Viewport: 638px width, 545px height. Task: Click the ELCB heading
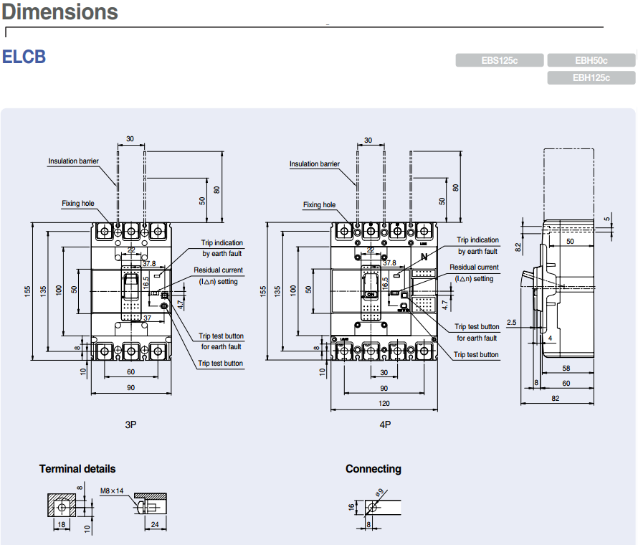(x=24, y=57)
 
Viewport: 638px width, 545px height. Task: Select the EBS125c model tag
(x=500, y=61)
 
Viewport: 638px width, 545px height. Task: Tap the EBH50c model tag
(x=591, y=61)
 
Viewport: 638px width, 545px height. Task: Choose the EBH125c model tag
(x=591, y=78)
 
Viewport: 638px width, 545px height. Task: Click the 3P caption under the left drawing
(x=130, y=425)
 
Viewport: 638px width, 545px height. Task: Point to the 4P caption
(x=385, y=425)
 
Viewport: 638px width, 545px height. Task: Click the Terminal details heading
(x=77, y=469)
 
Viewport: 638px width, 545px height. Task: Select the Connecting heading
(x=373, y=469)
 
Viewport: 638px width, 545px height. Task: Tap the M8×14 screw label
(x=112, y=490)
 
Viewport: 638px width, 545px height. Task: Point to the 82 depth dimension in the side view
(x=556, y=399)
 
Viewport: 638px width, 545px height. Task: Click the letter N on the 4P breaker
(x=424, y=257)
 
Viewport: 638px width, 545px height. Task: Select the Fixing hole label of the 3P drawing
(x=77, y=204)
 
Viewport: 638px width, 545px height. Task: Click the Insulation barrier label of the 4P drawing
(x=315, y=164)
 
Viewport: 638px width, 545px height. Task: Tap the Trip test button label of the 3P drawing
(x=220, y=364)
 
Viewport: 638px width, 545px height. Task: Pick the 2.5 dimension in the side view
(x=511, y=323)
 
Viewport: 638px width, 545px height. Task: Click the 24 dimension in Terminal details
(x=155, y=525)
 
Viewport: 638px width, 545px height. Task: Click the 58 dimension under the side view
(x=567, y=368)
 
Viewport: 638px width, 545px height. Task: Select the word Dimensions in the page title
(x=60, y=12)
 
